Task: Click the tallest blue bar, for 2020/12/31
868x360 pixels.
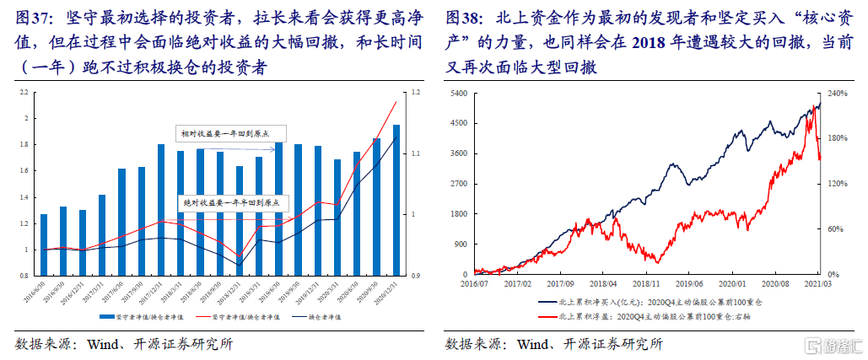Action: click(372, 200)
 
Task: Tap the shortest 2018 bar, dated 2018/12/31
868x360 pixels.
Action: click(239, 221)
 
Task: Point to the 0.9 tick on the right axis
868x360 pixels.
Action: click(403, 276)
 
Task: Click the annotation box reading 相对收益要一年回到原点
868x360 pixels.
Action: click(232, 133)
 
